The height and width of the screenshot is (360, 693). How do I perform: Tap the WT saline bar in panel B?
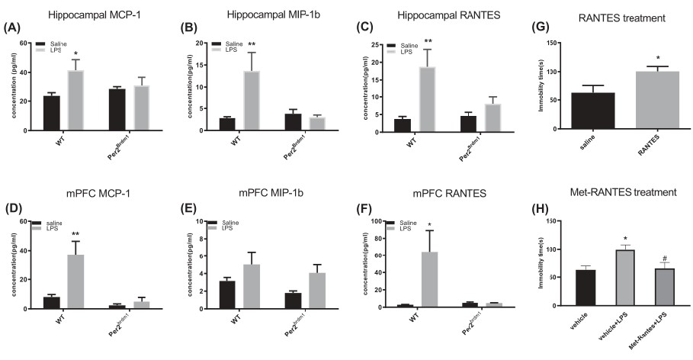tap(227, 124)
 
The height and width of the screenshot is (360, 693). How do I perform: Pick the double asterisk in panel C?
tap(428, 42)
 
